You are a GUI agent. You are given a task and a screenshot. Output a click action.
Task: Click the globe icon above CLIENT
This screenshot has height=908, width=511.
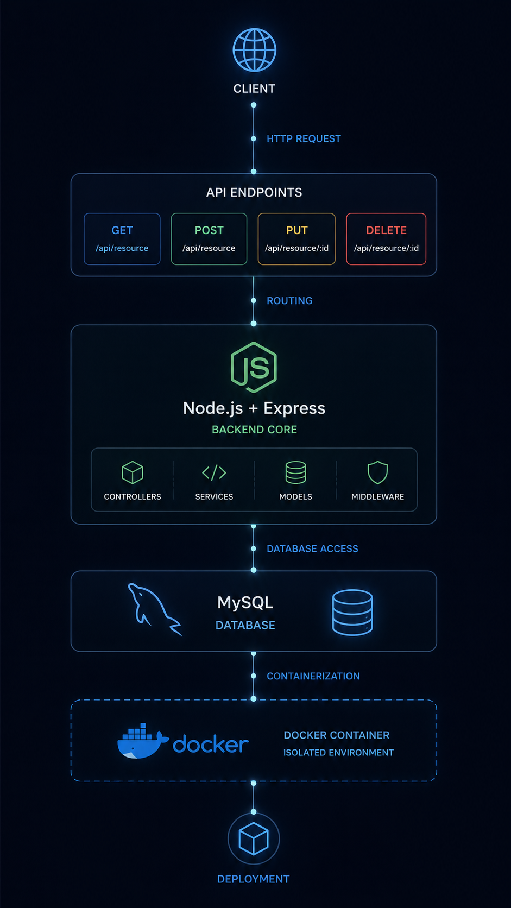tap(255, 50)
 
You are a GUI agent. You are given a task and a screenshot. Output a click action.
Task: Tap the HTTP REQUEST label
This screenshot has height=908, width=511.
tap(304, 138)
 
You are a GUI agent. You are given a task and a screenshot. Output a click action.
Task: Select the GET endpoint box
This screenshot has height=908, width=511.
tap(122, 239)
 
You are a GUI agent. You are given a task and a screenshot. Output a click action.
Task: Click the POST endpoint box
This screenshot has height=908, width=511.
tap(209, 239)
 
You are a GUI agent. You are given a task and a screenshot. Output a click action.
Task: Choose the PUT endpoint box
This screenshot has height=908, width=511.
tap(296, 239)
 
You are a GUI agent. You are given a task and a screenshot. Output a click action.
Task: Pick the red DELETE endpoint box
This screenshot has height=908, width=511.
tap(386, 239)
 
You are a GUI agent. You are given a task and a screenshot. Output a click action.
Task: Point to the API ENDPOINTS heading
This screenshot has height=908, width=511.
tap(254, 192)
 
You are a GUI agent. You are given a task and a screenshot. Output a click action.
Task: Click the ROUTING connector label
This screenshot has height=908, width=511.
tap(289, 301)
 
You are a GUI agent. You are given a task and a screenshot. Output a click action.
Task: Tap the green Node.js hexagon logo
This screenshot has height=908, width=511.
tap(254, 367)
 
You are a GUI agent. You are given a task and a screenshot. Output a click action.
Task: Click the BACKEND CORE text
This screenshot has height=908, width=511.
tap(255, 430)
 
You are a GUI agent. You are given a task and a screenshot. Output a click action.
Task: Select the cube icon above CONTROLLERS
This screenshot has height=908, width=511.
tap(133, 472)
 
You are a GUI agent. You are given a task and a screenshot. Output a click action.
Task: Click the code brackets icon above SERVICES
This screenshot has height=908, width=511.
tap(214, 472)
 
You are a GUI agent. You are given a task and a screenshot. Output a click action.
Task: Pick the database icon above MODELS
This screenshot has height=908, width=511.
tap(296, 472)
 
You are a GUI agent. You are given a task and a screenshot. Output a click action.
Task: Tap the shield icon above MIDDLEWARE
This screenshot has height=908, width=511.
tap(377, 472)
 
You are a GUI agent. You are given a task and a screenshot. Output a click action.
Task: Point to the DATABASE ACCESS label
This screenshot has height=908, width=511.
tap(312, 549)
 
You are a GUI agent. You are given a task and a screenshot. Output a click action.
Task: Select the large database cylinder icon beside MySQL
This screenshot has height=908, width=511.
tap(352, 612)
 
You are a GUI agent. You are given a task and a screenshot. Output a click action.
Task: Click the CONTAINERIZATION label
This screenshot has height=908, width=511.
tap(313, 676)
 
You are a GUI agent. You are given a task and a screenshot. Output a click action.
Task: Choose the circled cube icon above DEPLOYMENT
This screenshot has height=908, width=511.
tap(254, 838)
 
